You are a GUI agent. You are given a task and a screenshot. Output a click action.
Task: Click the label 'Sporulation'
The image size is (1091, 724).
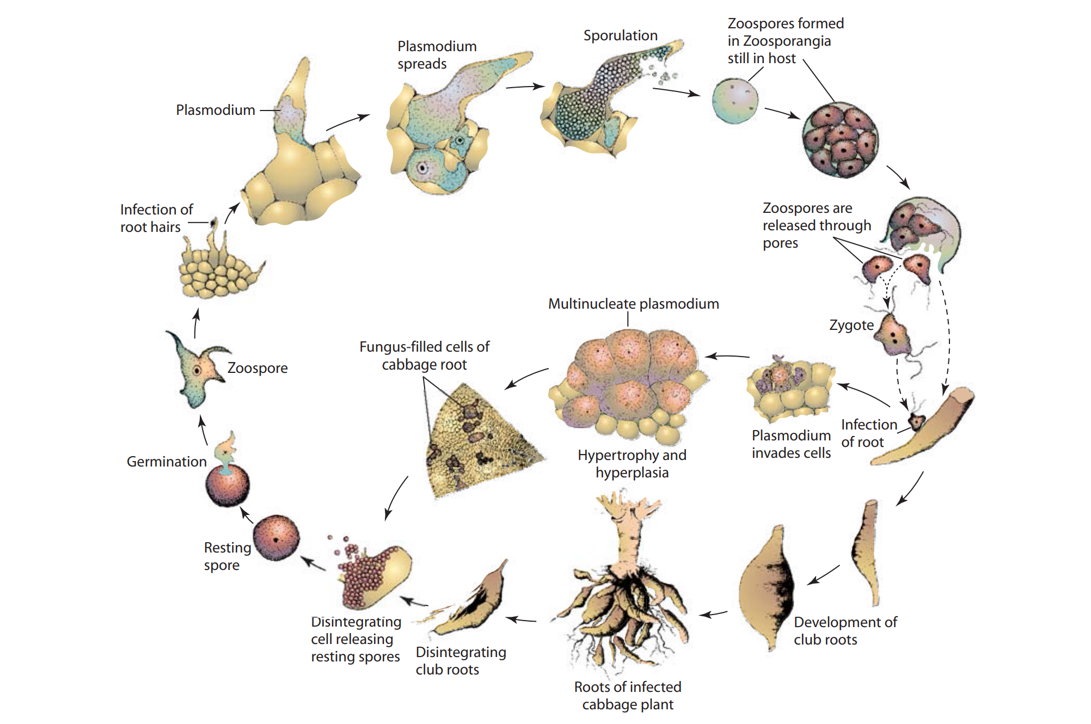click(x=620, y=36)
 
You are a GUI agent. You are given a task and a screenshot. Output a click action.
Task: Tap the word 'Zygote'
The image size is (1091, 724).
click(x=851, y=326)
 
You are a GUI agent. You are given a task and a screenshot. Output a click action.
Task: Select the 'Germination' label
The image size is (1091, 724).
click(x=167, y=462)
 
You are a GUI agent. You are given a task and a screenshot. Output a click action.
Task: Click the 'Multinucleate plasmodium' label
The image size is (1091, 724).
click(x=633, y=304)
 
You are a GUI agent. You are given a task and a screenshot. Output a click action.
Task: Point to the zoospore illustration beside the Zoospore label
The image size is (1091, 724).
click(x=198, y=370)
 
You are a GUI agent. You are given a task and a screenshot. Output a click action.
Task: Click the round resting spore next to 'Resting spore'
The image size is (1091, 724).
click(x=277, y=538)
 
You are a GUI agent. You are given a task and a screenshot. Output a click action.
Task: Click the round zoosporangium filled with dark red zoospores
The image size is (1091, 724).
click(x=840, y=140)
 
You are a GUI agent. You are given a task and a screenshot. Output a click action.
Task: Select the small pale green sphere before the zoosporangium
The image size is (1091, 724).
click(x=735, y=101)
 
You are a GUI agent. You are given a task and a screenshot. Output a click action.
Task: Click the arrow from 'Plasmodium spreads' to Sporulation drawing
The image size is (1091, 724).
click(x=525, y=86)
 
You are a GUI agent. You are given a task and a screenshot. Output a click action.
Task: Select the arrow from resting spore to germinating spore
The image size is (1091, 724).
click(x=247, y=514)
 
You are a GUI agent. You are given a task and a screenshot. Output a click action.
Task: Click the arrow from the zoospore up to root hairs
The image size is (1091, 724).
click(x=196, y=323)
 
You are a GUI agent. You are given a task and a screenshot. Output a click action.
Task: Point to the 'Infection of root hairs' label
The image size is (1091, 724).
click(x=156, y=218)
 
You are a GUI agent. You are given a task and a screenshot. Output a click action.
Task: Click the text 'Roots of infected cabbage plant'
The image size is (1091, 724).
click(x=628, y=696)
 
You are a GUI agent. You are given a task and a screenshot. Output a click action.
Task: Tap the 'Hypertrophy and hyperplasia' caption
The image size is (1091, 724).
click(x=632, y=464)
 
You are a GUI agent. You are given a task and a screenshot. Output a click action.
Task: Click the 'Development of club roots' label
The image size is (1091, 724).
click(x=845, y=631)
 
